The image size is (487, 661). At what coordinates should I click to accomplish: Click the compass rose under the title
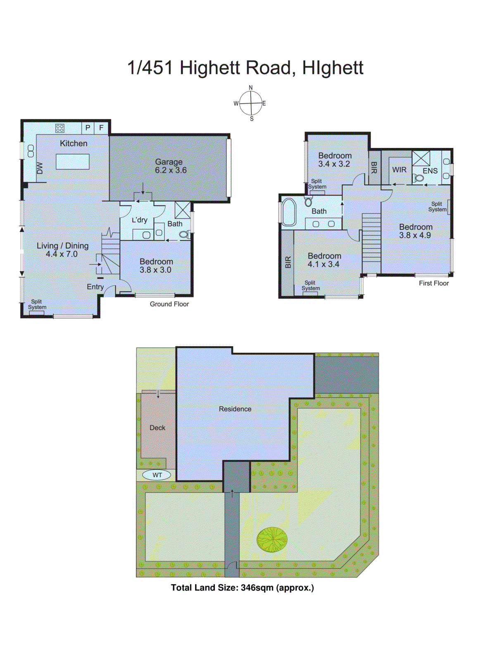[x=251, y=103]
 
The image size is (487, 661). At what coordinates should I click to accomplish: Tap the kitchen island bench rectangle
[x=73, y=162]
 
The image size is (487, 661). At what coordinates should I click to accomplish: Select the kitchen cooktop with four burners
[x=60, y=128]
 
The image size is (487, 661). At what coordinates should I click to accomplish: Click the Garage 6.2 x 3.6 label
[x=170, y=166]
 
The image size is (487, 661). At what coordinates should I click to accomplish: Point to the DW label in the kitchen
[x=40, y=168]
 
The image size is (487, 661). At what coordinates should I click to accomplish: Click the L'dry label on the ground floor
[x=140, y=220]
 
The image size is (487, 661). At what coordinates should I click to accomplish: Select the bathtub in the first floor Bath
[x=289, y=212]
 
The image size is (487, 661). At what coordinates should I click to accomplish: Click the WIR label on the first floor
[x=399, y=170]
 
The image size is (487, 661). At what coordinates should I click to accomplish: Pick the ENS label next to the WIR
[x=430, y=171]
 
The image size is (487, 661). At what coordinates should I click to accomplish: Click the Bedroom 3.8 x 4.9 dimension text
[x=415, y=235]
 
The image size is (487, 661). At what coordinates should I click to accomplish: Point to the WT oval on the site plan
[x=157, y=475]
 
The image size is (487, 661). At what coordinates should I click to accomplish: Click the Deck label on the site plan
[x=157, y=428]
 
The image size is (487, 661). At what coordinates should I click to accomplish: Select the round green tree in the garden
[x=272, y=540]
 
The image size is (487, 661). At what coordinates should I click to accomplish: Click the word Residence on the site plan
[x=235, y=409]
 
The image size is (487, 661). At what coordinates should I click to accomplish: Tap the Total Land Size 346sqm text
[x=242, y=587]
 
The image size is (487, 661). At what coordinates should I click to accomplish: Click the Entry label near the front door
[x=95, y=287]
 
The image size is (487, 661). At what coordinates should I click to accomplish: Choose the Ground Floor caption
[x=169, y=304]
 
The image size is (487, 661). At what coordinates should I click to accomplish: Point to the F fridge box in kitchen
[x=101, y=128]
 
